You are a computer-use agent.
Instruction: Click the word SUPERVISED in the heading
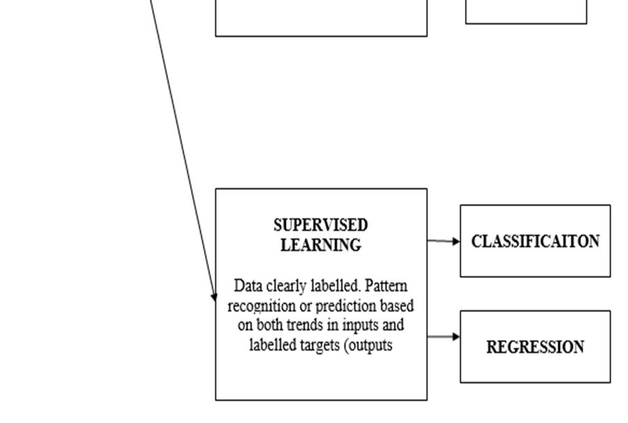[x=321, y=225]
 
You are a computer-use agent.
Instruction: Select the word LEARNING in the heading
[x=321, y=245]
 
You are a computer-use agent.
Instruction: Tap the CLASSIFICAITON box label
[x=535, y=241]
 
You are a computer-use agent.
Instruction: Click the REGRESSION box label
[x=535, y=347]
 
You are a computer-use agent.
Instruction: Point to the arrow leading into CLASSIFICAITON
[x=444, y=241]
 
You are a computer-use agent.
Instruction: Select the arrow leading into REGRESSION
[x=444, y=337]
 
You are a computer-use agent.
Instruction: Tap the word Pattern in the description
[x=386, y=286]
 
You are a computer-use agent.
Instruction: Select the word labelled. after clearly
[x=335, y=286]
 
